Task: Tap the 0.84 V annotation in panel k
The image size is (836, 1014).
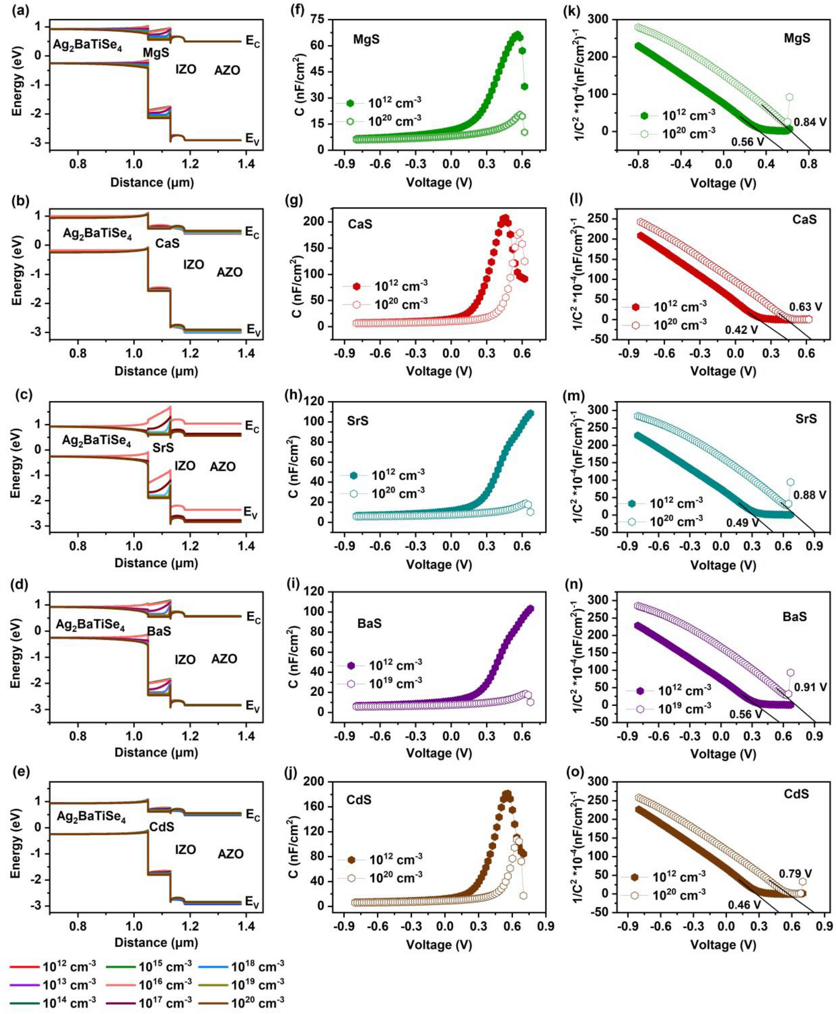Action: (x=810, y=123)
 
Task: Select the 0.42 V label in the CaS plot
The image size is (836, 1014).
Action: (x=741, y=330)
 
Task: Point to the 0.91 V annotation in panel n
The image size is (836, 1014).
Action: (x=811, y=687)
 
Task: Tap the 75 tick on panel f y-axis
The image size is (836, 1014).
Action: (x=317, y=20)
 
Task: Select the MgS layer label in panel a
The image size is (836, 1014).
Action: (x=156, y=52)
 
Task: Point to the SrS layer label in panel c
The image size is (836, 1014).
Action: (x=163, y=448)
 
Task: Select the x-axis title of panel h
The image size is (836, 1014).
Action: (x=439, y=564)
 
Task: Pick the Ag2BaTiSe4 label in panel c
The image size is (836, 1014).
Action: (x=96, y=441)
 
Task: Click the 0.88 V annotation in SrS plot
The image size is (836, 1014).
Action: (x=810, y=495)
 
